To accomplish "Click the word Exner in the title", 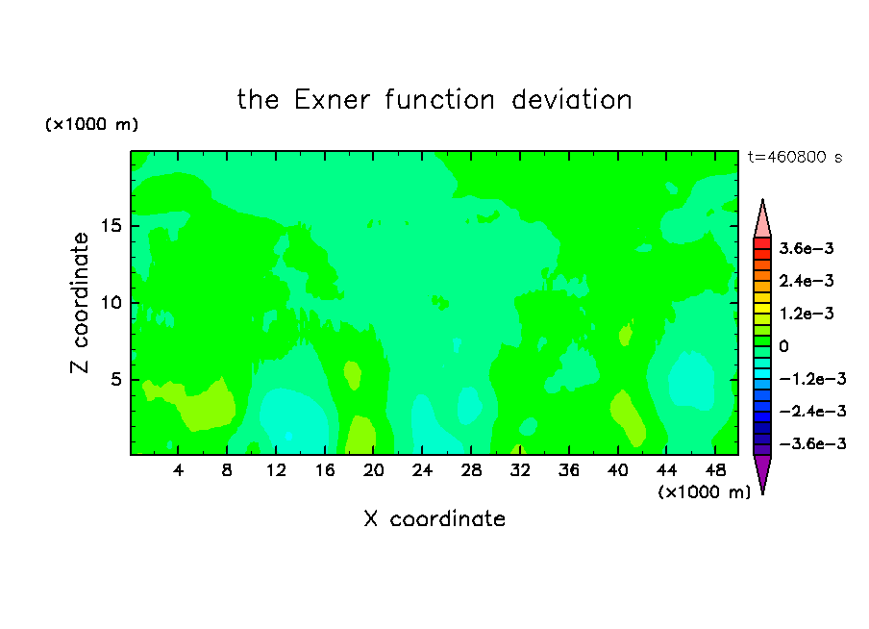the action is (332, 100).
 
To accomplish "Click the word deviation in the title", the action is (571, 100).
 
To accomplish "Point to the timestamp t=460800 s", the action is (795, 157).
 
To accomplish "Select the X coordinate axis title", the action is (434, 518).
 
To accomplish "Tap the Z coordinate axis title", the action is (79, 303).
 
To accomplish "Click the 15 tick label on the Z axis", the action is (111, 226).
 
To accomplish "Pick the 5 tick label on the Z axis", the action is (115, 379).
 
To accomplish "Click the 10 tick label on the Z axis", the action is (111, 303).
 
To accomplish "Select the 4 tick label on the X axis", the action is (178, 470).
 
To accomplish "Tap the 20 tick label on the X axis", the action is (373, 470).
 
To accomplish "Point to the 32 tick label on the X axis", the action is (520, 470).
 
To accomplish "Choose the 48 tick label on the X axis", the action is (715, 470).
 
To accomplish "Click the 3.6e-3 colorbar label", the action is (807, 248).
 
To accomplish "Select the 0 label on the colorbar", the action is (783, 346).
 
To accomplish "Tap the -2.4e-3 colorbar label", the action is (812, 411).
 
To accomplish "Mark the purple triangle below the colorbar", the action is (762, 471).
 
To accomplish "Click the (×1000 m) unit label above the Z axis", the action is (91, 124).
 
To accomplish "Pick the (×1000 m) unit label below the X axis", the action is (704, 491).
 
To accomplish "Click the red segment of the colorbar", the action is (762, 243).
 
